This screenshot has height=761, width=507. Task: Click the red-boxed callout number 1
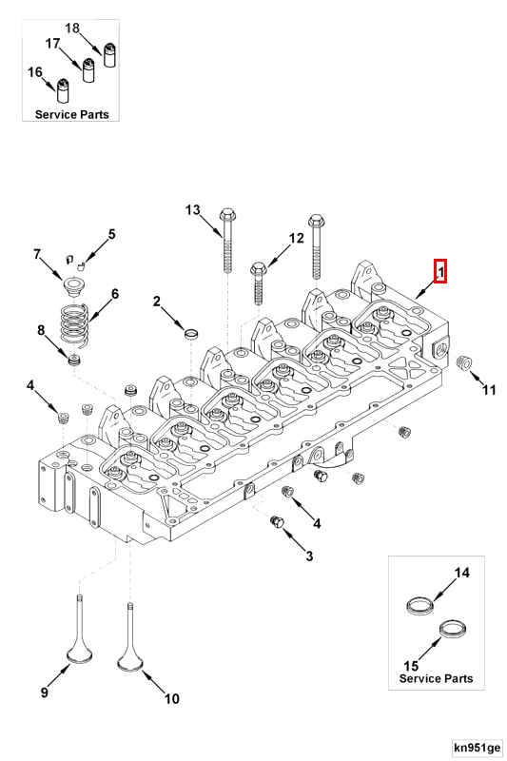click(440, 272)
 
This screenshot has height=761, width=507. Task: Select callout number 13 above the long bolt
click(193, 209)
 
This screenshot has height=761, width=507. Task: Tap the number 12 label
click(296, 238)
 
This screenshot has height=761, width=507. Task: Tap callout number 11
click(488, 389)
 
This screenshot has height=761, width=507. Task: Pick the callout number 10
click(171, 698)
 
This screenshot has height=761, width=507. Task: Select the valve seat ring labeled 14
click(419, 604)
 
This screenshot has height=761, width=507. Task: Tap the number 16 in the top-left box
click(34, 72)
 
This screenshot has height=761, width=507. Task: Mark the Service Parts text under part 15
click(436, 679)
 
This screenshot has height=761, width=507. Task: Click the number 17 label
click(53, 44)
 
